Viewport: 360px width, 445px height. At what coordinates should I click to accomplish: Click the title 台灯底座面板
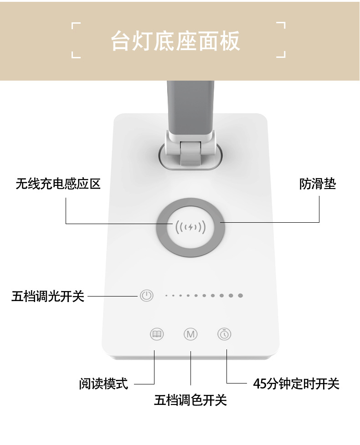tap(175, 41)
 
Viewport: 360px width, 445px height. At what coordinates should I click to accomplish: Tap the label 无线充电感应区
tap(58, 184)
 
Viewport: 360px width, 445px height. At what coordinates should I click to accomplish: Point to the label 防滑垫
tap(317, 184)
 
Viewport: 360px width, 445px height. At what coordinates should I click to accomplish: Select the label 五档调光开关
tap(48, 297)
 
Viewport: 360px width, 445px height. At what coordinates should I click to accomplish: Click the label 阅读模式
tap(103, 384)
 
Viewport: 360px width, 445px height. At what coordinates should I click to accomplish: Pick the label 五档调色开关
tap(190, 400)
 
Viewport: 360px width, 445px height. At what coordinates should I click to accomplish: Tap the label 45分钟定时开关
tap(296, 384)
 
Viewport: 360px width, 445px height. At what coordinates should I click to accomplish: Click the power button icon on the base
tap(146, 296)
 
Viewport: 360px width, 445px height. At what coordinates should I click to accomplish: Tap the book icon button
tap(157, 334)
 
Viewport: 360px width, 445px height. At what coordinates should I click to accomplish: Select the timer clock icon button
tap(224, 334)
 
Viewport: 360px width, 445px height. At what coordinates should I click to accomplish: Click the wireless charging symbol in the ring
tap(190, 226)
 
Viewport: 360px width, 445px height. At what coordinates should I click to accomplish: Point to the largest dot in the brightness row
tap(240, 296)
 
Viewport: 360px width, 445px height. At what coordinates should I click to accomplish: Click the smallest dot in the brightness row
tap(166, 296)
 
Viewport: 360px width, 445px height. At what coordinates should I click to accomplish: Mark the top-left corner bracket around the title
tap(76, 27)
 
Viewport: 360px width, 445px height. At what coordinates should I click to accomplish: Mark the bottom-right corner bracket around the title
tap(282, 54)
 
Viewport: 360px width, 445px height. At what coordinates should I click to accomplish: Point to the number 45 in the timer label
tap(259, 384)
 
